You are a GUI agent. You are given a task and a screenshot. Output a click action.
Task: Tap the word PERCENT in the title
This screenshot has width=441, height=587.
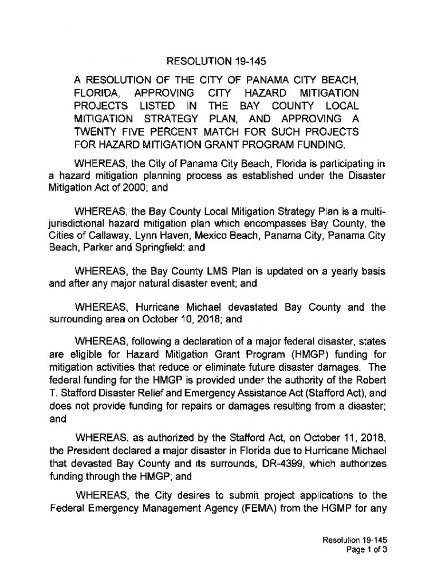point(173,132)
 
